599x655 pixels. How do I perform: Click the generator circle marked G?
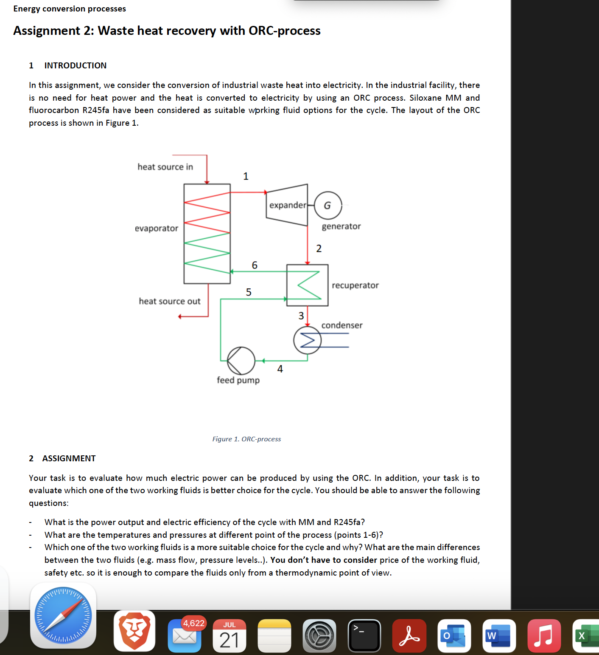coord(327,206)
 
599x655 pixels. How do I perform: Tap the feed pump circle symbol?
coord(241,361)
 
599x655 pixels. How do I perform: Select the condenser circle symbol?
coord(308,340)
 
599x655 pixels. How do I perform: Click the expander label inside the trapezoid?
coord(288,205)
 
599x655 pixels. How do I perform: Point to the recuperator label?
coord(355,285)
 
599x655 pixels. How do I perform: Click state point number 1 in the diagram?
coord(246,176)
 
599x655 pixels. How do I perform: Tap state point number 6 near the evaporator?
coord(255,265)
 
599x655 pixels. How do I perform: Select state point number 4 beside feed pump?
coord(280,369)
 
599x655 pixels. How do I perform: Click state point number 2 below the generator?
coord(319,248)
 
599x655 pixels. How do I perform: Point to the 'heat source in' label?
coord(165,167)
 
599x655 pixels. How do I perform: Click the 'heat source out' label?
coord(169,301)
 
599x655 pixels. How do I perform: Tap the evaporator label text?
coord(157,229)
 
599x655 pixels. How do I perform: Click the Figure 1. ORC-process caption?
coord(246,439)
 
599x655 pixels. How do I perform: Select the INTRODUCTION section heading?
coord(76,65)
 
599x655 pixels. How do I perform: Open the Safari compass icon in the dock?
coord(63,615)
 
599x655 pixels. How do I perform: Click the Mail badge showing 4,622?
coord(193,623)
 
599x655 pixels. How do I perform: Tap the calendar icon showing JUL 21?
coord(230,636)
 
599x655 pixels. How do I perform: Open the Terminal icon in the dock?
coord(364,636)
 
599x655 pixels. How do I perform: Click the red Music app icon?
coord(544,636)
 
